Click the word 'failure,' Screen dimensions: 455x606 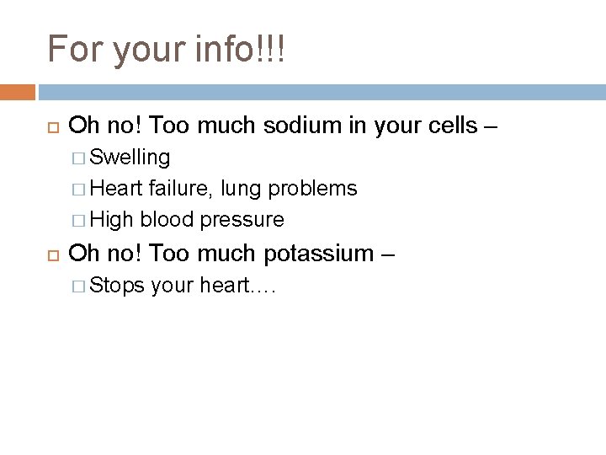coord(178,188)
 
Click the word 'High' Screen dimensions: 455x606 coord(113,219)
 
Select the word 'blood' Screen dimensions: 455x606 coord(168,219)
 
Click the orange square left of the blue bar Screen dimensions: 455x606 coord(18,92)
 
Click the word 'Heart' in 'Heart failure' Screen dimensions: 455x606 coord(117,188)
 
